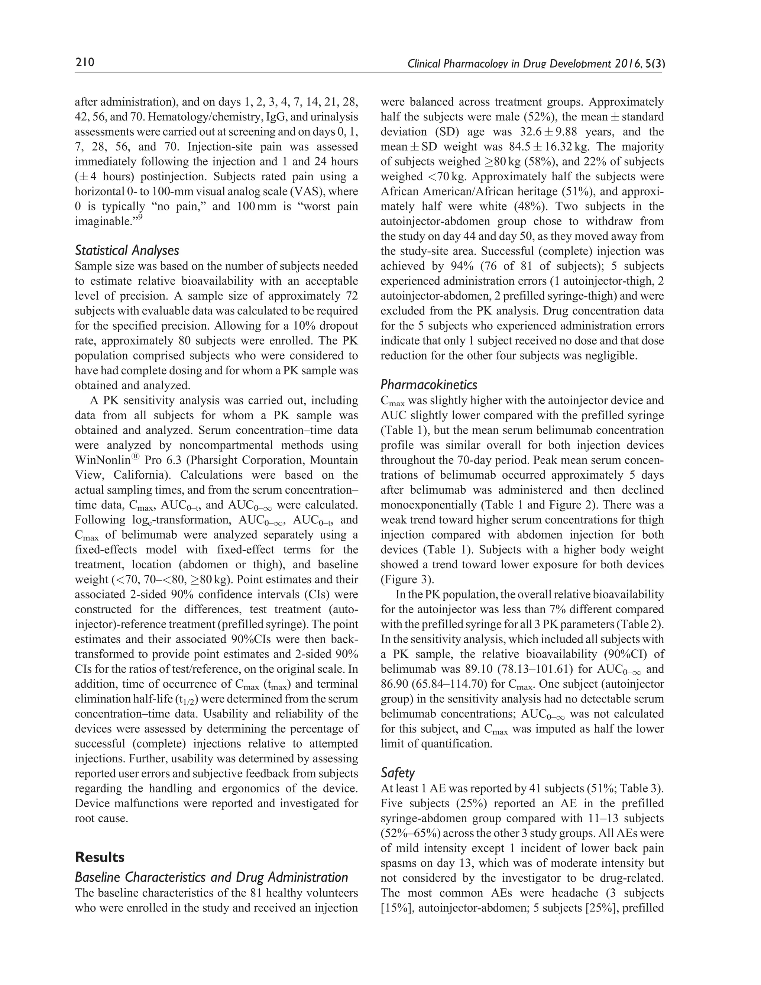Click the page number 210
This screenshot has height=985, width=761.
tap(84, 62)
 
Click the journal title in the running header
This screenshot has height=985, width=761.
tap(535, 64)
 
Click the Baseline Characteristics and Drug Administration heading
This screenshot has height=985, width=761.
tap(211, 877)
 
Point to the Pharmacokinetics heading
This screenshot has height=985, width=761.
tap(429, 385)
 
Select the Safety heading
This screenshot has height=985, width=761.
tap(397, 773)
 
